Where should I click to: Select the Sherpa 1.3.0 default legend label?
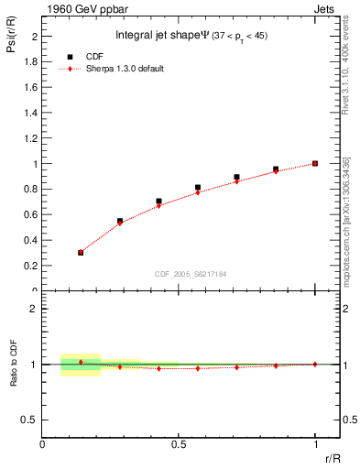click(125, 69)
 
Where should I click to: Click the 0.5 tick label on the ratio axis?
click(31, 420)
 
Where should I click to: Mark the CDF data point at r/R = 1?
click(315, 163)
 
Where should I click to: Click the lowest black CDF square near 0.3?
click(81, 252)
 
